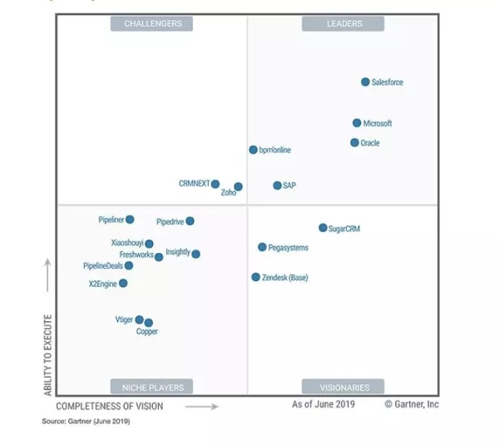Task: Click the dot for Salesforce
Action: pos(365,82)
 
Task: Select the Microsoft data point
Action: pos(357,123)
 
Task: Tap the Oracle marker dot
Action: pos(354,142)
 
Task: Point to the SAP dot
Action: pos(277,185)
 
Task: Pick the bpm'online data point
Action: pos(253,150)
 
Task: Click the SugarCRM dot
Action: pos(323,228)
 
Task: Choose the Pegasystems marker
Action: pos(262,247)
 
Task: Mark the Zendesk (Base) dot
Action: pos(256,277)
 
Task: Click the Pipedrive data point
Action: pos(190,221)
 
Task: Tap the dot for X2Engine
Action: pos(123,283)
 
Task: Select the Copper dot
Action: pos(148,323)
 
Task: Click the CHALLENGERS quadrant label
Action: pos(152,23)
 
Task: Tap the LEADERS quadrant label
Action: pos(343,23)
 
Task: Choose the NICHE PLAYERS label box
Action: pos(152,387)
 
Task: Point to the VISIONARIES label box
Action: pos(343,387)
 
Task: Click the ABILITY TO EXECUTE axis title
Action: pos(48,354)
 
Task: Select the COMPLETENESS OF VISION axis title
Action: pos(110,407)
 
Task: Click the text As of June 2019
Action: pos(324,404)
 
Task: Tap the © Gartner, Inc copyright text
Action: pos(412,404)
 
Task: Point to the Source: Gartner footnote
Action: pos(86,422)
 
